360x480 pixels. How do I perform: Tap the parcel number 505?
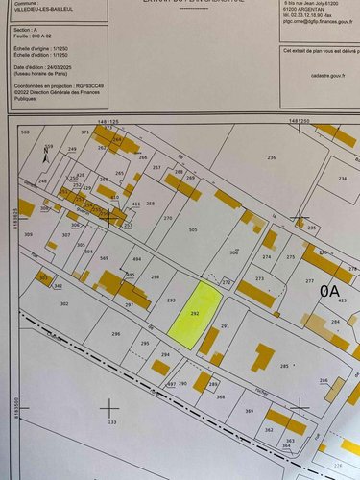[193, 230]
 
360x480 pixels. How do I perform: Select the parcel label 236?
[271, 156]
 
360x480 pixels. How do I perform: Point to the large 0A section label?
[331, 288]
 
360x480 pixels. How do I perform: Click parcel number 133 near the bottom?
[111, 421]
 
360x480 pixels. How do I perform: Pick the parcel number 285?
[284, 366]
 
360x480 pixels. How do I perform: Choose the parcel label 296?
[116, 333]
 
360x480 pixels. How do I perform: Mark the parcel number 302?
[64, 303]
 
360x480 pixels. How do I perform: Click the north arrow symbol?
[47, 154]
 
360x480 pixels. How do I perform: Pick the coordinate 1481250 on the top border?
[298, 122]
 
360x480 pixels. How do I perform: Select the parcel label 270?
[168, 219]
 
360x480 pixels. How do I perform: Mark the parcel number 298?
[156, 276]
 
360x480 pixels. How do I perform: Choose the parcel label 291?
[226, 327]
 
